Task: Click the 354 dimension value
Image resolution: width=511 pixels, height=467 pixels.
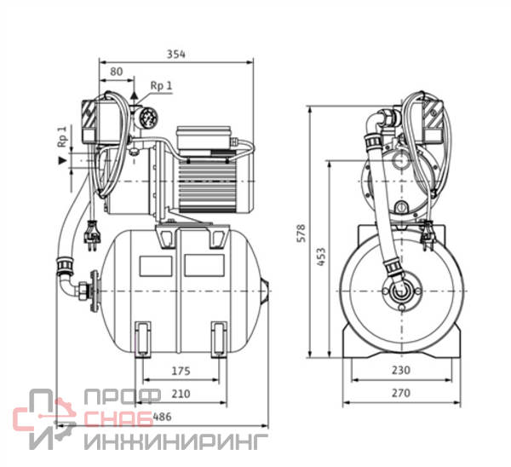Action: coord(176,54)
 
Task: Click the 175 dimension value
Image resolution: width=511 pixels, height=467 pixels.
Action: coord(180,371)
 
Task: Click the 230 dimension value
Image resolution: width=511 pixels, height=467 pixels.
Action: coord(402,371)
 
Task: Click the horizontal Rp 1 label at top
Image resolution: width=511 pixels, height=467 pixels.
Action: coord(161,85)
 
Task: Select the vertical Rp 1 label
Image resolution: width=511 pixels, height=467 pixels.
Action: coord(62,136)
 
